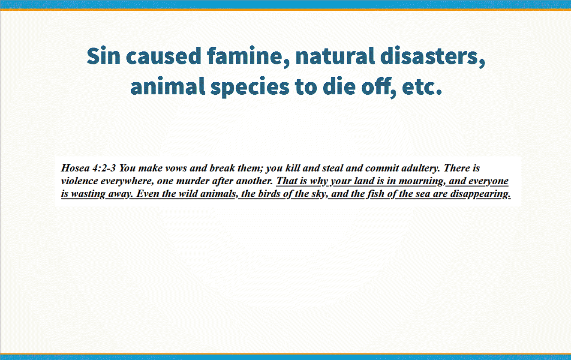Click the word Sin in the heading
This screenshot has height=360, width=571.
pyautogui.click(x=103, y=56)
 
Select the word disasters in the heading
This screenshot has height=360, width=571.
pyautogui.click(x=433, y=57)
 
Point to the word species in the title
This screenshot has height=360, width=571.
pyautogui.click(x=250, y=87)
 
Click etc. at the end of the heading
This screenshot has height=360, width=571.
pyautogui.click(x=422, y=87)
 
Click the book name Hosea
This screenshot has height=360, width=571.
pyautogui.click(x=75, y=168)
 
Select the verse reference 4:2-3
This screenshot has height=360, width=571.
pyautogui.click(x=104, y=168)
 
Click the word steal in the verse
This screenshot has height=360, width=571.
pyautogui.click(x=332, y=168)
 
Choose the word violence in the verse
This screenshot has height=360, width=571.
pyautogui.click(x=80, y=181)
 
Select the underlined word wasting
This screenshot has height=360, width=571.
pyautogui.click(x=88, y=194)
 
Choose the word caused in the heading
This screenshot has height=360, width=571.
pyautogui.click(x=164, y=56)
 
